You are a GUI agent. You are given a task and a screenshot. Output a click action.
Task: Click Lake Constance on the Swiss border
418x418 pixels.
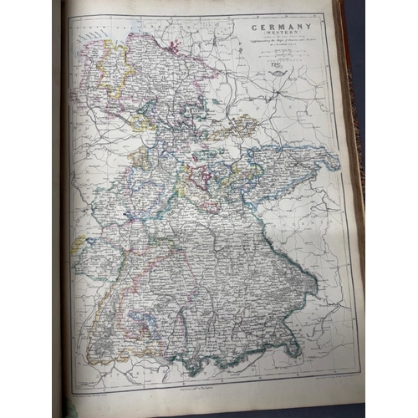149,351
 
